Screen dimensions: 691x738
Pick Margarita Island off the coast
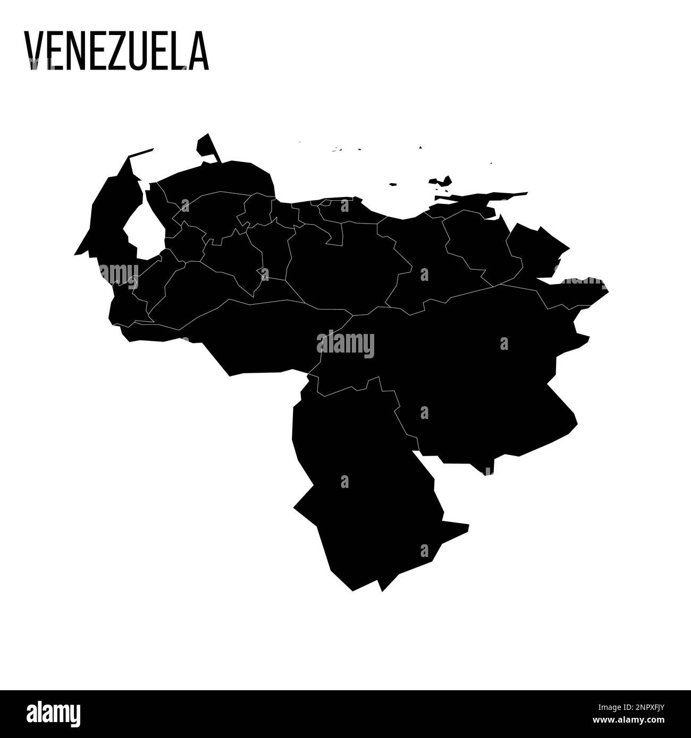click(441, 182)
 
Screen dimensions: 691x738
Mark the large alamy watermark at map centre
click(345, 344)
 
